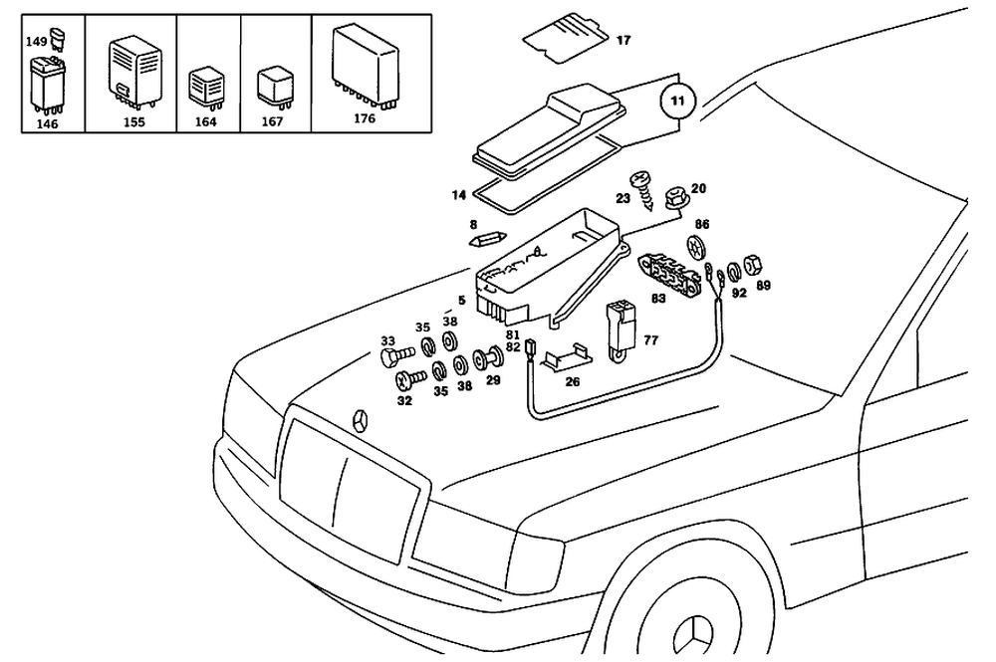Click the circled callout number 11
[677, 101]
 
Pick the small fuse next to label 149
[58, 39]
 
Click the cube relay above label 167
[275, 87]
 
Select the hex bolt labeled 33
[396, 354]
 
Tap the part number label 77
[651, 340]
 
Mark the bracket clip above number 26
[567, 356]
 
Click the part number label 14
[459, 195]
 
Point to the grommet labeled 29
[488, 359]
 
